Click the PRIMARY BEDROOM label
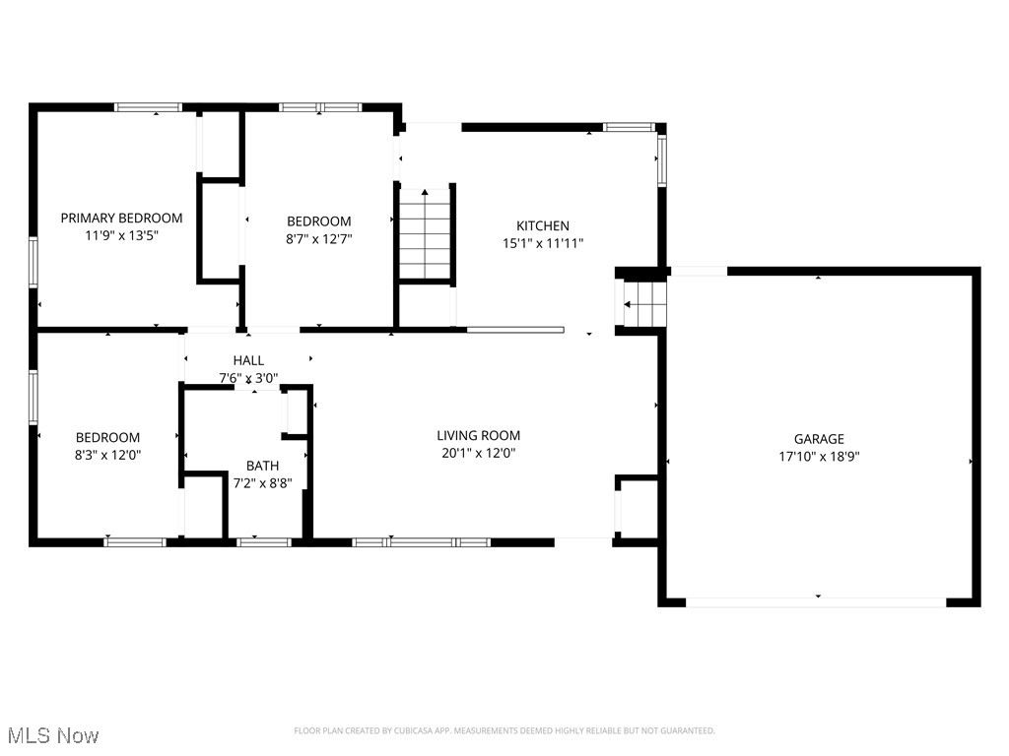tap(121, 218)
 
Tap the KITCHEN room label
tap(543, 225)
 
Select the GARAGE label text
tap(819, 439)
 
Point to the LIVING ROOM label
tap(478, 435)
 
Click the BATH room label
tap(262, 466)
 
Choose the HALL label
tap(248, 360)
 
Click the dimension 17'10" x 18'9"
tap(819, 456)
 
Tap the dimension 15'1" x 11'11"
tap(543, 242)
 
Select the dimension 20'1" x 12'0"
tap(478, 453)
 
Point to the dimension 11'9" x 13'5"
tap(121, 235)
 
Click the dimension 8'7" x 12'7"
tap(318, 238)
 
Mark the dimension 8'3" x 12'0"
tap(107, 455)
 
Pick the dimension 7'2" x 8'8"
tap(262, 482)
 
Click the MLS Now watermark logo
tap(51, 735)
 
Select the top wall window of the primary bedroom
tap(148, 107)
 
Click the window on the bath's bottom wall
tap(264, 541)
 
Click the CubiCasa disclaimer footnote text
tap(504, 730)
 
